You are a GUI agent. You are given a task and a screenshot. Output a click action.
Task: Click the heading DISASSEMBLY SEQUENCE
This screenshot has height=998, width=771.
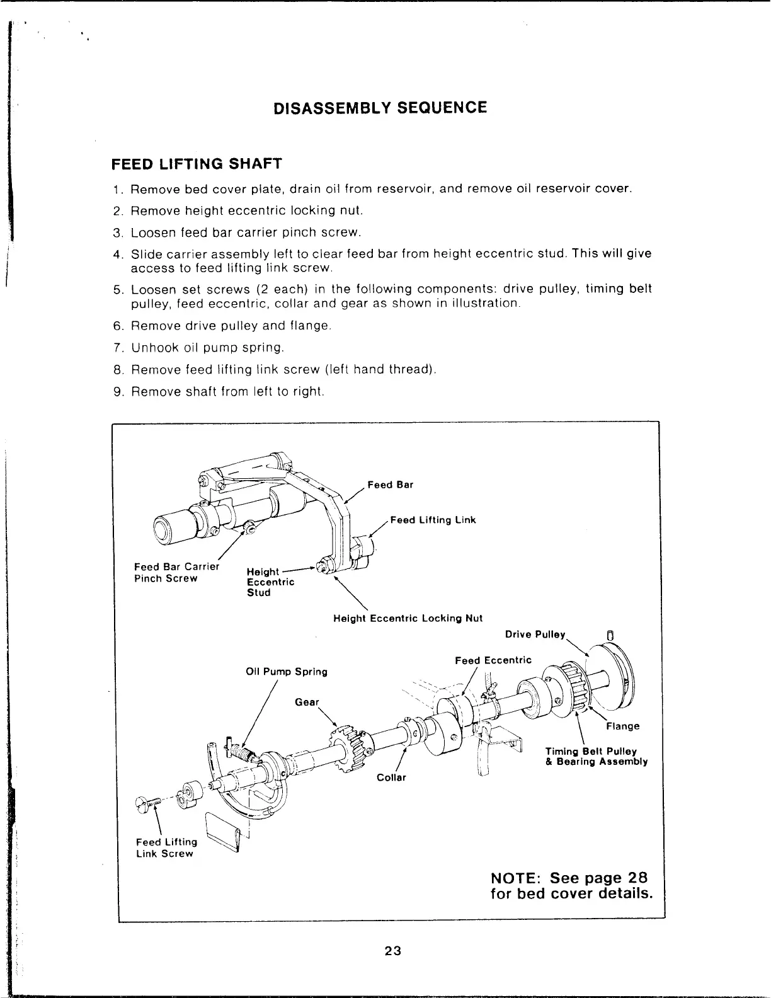click(x=380, y=107)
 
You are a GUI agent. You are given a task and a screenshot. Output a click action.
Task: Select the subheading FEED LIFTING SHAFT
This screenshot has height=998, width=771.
click(x=196, y=164)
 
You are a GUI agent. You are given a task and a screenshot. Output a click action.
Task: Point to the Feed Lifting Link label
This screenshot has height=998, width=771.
click(x=433, y=520)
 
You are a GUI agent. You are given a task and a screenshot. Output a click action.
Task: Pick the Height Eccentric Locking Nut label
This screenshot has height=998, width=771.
click(x=408, y=618)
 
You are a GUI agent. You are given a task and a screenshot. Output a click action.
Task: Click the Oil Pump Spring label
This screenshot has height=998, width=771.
click(x=286, y=672)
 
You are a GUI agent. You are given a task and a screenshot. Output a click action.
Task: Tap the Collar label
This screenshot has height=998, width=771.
click(x=391, y=777)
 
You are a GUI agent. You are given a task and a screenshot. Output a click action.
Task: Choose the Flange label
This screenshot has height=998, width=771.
click(x=622, y=726)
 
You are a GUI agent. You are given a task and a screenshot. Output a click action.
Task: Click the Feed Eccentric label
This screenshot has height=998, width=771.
click(x=493, y=660)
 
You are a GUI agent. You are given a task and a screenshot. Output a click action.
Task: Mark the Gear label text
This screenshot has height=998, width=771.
click(x=307, y=702)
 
